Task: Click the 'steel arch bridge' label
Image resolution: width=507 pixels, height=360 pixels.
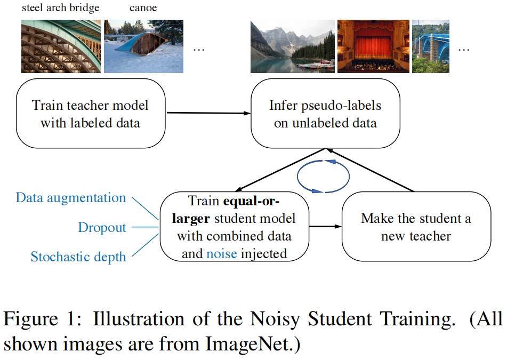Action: (x=60, y=8)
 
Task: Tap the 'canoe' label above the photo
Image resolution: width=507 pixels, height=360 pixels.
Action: (x=143, y=8)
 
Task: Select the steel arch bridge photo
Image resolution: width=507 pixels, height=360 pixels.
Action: (x=60, y=46)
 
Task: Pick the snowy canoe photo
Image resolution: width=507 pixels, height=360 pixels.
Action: (x=143, y=46)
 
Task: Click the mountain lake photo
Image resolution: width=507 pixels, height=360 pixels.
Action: (x=292, y=46)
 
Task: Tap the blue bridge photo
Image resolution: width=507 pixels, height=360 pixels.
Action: (x=431, y=46)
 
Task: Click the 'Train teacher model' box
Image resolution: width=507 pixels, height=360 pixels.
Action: (x=90, y=114)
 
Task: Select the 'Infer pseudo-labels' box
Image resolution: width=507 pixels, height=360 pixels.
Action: (x=325, y=114)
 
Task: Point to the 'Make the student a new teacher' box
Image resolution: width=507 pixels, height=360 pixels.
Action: (x=416, y=226)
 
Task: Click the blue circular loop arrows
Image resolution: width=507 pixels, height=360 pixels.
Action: (x=323, y=175)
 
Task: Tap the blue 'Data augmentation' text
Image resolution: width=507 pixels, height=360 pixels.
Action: (x=71, y=198)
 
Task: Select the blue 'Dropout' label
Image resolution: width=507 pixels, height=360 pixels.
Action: (x=102, y=228)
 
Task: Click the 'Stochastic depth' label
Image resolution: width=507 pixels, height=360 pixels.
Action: (x=78, y=257)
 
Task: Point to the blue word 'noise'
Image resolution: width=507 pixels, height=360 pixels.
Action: (x=221, y=254)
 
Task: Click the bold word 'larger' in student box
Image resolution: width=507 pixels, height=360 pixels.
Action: (x=195, y=219)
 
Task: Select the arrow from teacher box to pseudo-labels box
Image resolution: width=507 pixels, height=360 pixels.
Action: (x=208, y=113)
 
